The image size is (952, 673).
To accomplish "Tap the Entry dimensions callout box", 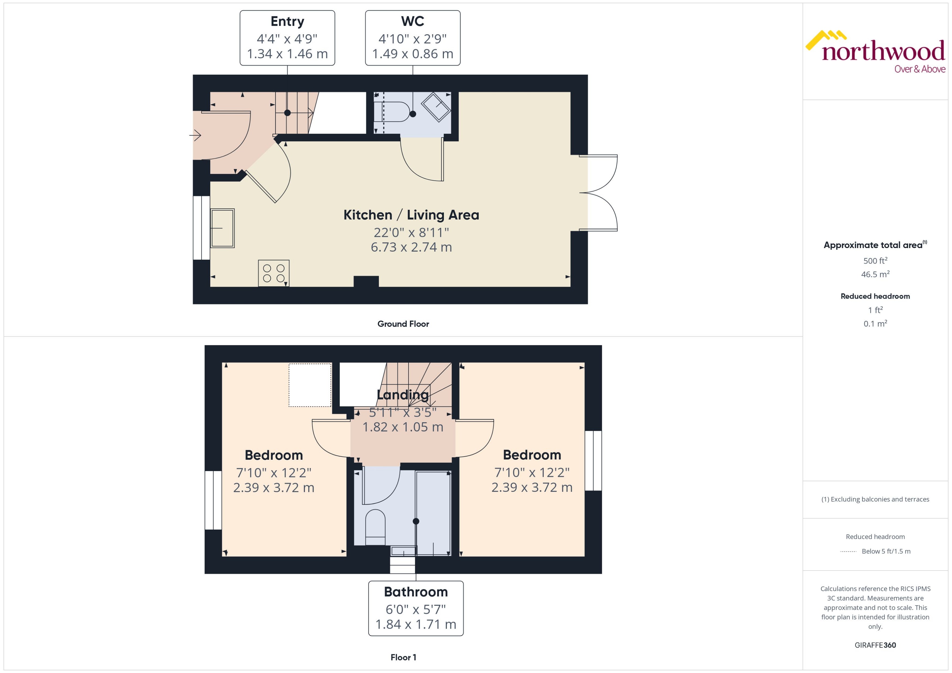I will click(287, 38).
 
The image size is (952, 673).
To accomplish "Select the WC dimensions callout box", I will click(412, 38).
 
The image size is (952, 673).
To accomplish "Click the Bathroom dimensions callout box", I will click(416, 608).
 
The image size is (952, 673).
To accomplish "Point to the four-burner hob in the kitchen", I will click(273, 273).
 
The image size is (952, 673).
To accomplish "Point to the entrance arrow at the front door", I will click(196, 135).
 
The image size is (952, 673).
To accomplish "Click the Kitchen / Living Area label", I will click(411, 215).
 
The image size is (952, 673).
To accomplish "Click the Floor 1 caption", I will click(403, 657).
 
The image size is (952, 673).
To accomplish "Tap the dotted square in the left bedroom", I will click(310, 385).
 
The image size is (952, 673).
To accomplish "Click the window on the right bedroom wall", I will click(593, 461).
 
